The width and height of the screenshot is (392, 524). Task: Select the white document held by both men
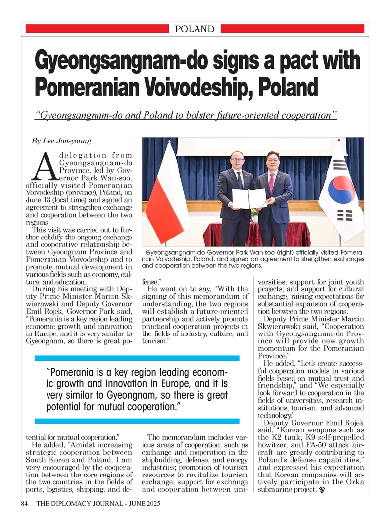[249, 198]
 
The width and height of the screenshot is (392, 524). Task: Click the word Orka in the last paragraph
[355, 482]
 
